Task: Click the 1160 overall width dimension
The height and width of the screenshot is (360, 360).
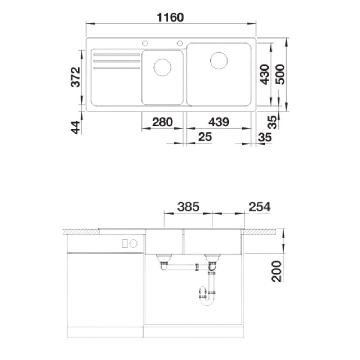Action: click(x=170, y=18)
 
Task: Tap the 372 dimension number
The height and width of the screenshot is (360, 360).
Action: click(x=76, y=77)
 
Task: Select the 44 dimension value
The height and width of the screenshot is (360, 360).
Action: click(x=76, y=127)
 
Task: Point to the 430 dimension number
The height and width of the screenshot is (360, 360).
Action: click(x=265, y=75)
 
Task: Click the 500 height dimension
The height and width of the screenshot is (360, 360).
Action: click(x=280, y=75)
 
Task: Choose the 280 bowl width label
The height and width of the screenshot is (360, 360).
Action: click(x=162, y=122)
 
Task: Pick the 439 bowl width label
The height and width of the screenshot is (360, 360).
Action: click(x=219, y=122)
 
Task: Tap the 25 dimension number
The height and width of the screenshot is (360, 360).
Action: click(x=205, y=137)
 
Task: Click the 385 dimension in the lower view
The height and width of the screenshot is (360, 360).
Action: click(x=188, y=207)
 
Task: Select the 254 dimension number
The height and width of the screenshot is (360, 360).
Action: click(x=260, y=207)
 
